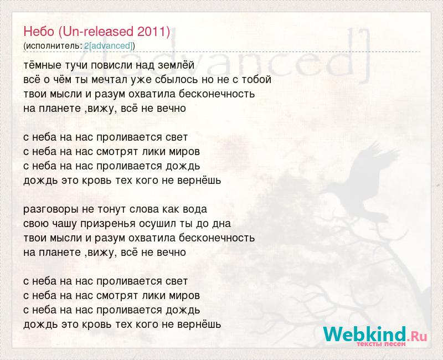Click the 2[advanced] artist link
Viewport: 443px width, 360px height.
pos(109,46)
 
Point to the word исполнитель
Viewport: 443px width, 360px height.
pos(53,46)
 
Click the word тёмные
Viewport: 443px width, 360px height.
pos(43,65)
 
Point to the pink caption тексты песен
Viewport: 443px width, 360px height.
pos(381,344)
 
